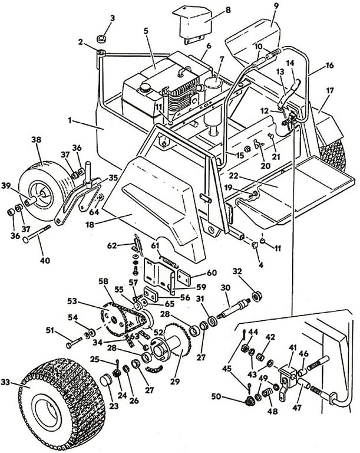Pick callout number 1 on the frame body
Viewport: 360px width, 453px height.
(70, 120)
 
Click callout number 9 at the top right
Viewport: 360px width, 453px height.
(276, 7)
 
